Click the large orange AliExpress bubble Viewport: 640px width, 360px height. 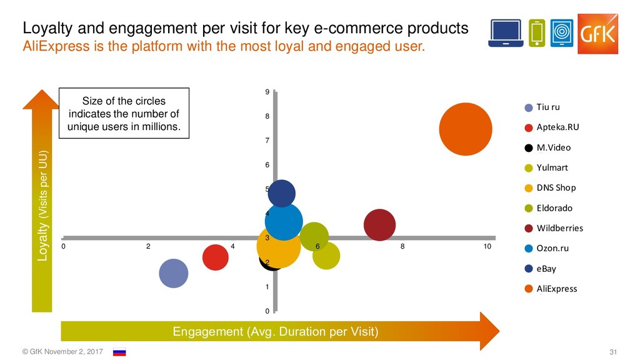464,129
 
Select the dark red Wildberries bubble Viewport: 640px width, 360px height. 379,225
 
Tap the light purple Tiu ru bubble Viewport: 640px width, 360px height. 174,273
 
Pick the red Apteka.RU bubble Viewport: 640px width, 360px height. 215,257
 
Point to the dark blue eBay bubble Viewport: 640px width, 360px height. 281,192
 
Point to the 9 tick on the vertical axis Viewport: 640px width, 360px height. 267,92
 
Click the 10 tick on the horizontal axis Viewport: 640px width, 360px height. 487,247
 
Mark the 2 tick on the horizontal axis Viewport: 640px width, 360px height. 148,247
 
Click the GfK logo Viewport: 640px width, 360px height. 597,32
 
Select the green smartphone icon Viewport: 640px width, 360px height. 536,33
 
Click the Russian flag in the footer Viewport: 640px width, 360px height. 119,352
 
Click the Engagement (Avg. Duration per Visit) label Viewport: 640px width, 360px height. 275,331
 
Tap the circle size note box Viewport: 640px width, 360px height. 123,114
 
